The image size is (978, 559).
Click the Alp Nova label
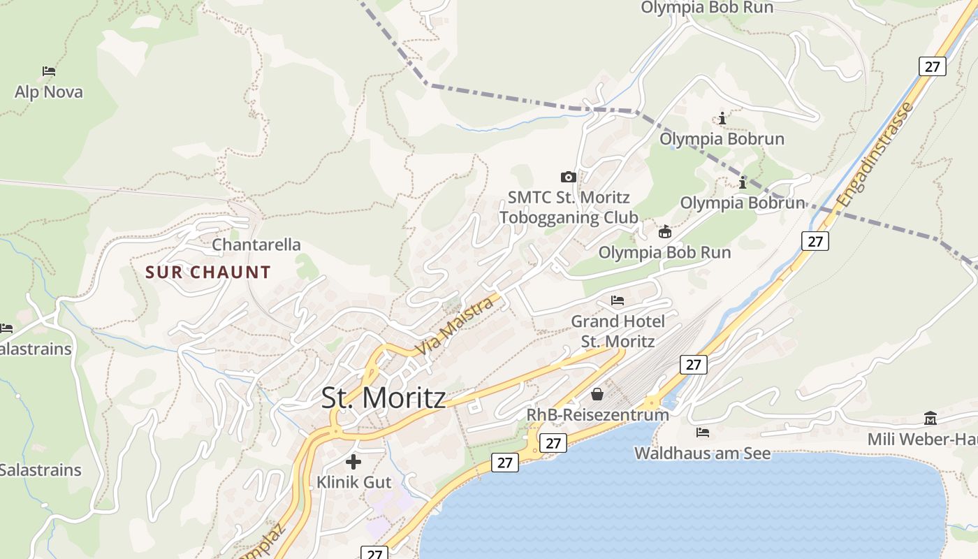[49, 92]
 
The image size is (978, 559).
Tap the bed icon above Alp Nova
[49, 71]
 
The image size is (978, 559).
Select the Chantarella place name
[256, 245]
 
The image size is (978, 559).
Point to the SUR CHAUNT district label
[208, 273]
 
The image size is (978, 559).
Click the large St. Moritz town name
[384, 398]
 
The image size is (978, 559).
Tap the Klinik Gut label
[354, 482]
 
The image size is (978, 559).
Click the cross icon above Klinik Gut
[353, 461]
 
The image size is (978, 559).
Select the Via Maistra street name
[453, 326]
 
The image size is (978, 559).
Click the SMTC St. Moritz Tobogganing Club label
[569, 208]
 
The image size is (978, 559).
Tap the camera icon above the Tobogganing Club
[569, 177]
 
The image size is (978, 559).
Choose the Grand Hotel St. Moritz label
[618, 331]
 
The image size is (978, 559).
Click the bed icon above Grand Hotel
[618, 300]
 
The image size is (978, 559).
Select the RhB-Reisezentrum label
[597, 415]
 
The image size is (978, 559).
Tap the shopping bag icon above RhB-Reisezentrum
[597, 395]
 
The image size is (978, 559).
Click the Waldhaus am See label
[702, 453]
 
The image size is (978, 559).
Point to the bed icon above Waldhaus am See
[703, 433]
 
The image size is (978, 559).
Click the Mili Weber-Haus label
[922, 440]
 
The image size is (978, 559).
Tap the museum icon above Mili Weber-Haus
[930, 419]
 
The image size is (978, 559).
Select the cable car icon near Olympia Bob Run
[665, 231]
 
